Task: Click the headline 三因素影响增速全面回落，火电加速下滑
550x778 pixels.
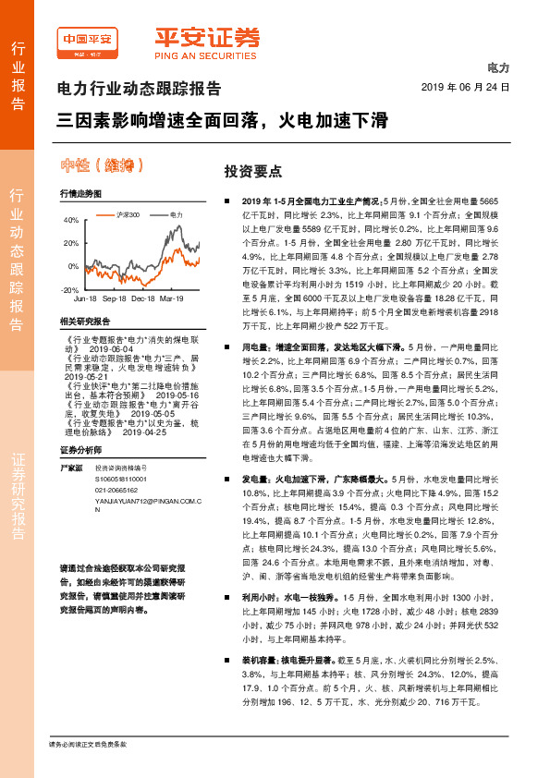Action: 222,120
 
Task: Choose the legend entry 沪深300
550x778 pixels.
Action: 128,214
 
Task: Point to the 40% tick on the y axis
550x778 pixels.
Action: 70,222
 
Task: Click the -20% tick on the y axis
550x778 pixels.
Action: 69,290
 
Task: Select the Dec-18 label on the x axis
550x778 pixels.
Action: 142,299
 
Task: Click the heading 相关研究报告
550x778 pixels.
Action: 84,321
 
